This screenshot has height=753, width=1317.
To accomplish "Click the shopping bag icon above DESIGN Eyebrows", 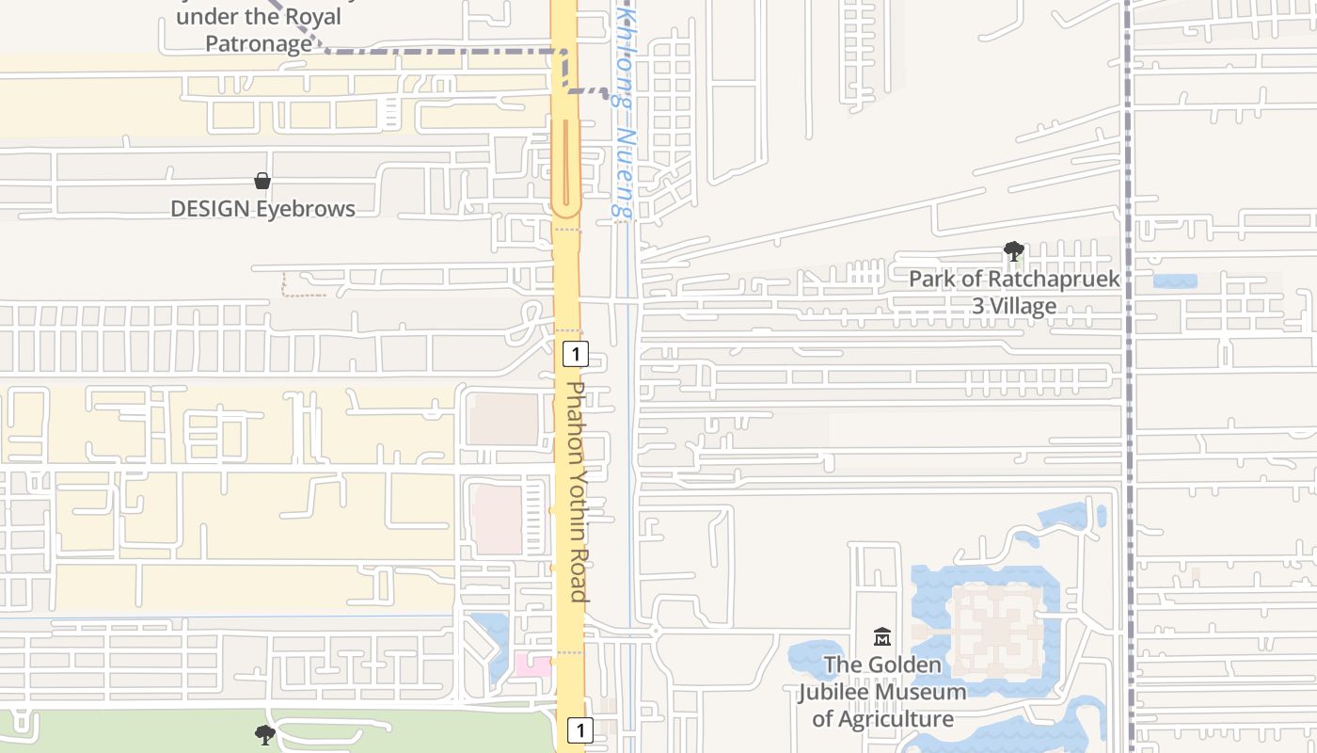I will [262, 180].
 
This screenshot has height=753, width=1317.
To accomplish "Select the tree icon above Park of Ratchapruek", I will [1013, 251].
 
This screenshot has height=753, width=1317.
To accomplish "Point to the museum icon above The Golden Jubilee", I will [881, 637].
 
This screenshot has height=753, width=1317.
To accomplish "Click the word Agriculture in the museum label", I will [894, 719].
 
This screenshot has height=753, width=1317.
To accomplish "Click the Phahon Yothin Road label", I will [578, 490].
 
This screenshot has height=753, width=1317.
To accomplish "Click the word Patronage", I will [259, 43].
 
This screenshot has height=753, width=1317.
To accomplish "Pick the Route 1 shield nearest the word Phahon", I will [575, 354].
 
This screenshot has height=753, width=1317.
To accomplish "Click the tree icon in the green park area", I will [265, 734].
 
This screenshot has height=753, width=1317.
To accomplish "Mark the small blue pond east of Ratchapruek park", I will [1175, 280].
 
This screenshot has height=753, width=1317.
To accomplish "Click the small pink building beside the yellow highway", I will [532, 665].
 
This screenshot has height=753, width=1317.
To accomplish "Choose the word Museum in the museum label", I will [926, 692].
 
